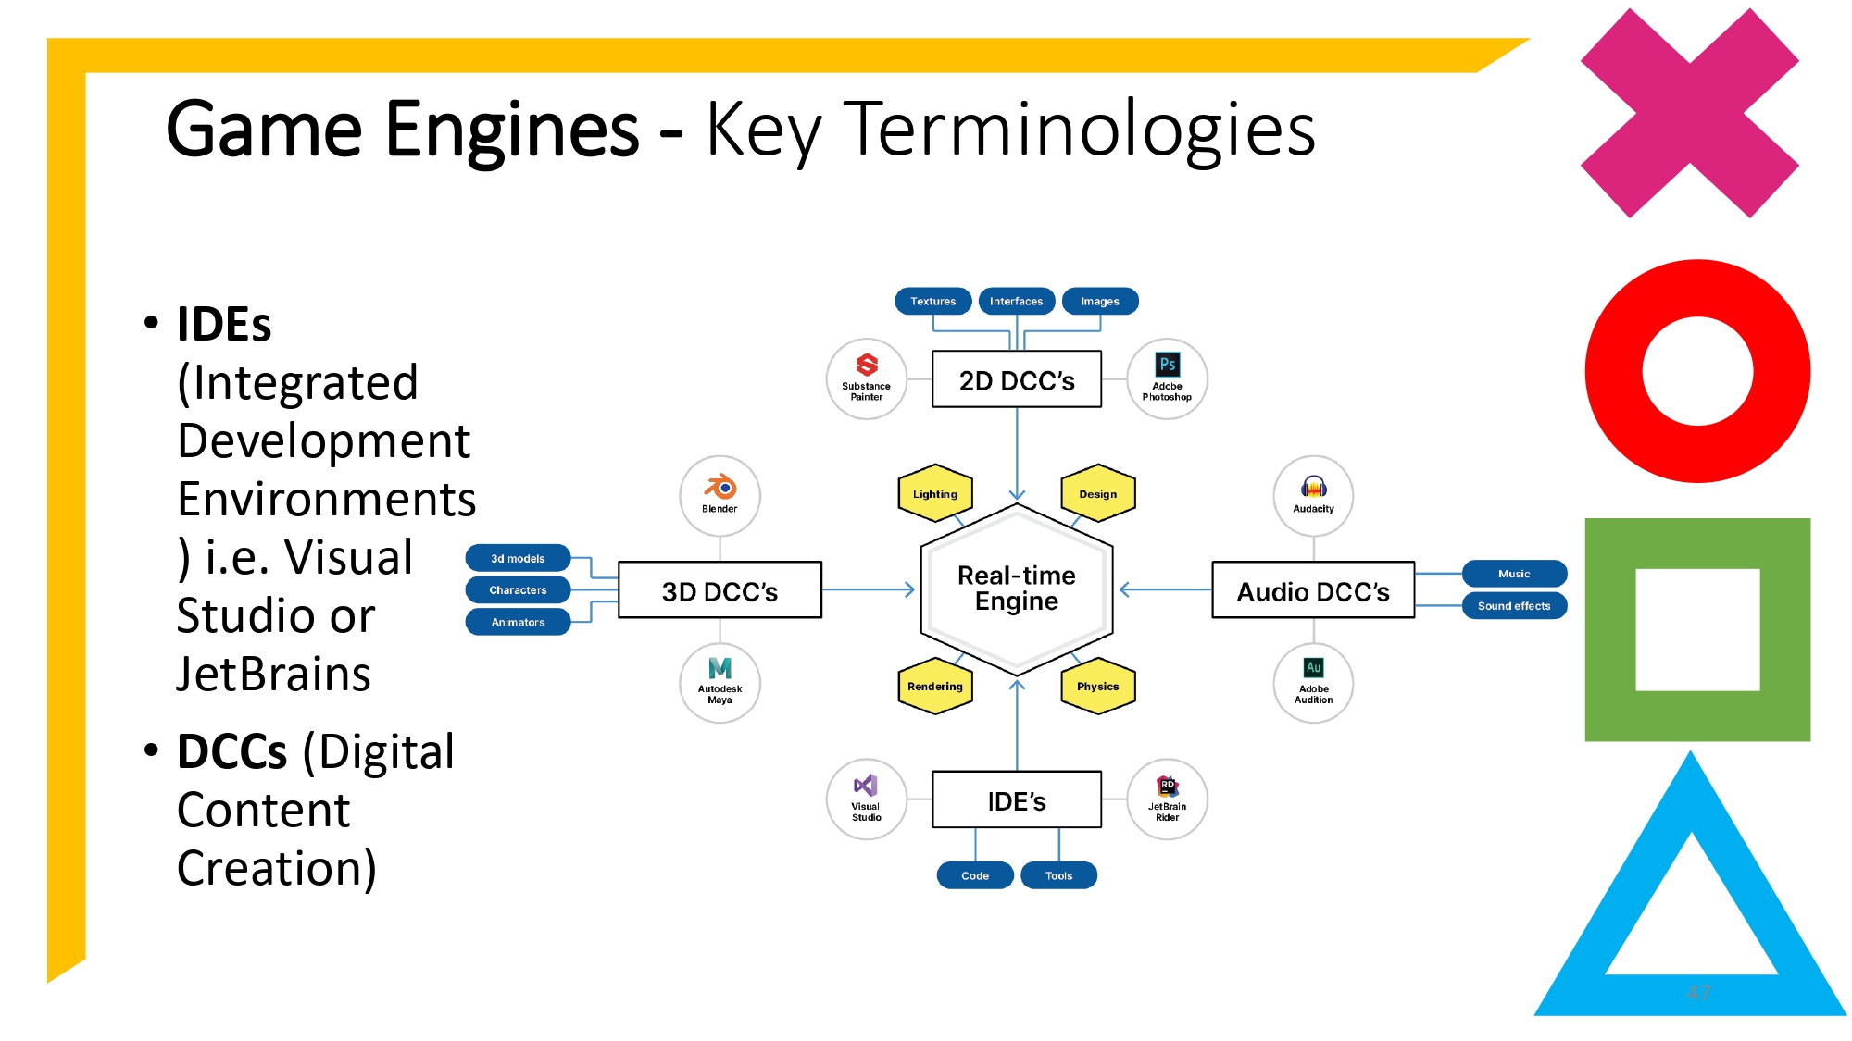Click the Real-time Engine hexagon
[1017, 589]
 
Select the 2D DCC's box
[1017, 379]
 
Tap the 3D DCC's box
[720, 590]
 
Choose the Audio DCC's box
[1313, 590]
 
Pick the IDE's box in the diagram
[1017, 800]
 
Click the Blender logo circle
[720, 495]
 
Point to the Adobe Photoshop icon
[1167, 378]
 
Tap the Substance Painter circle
[866, 378]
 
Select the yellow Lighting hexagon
[935, 493]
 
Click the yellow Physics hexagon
[1098, 686]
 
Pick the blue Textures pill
[932, 301]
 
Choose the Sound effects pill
[1514, 606]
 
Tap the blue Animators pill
[518, 622]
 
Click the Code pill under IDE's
[975, 875]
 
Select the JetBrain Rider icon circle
[1167, 799]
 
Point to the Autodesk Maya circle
[720, 683]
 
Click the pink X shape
[1690, 113]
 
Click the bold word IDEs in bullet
[224, 325]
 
